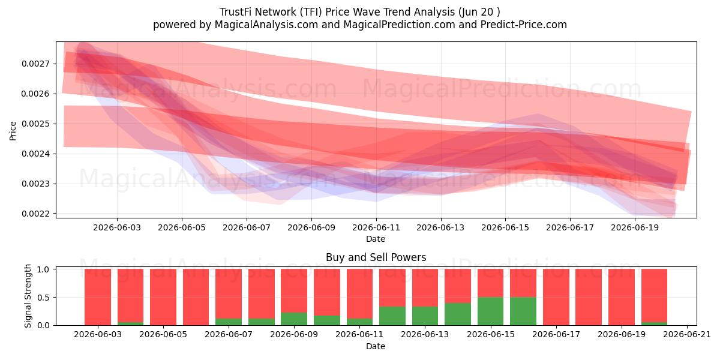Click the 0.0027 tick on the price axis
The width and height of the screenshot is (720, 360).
35,64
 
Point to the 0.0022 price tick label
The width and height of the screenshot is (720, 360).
35,214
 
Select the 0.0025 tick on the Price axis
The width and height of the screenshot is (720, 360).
35,124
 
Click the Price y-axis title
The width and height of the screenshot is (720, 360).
13,131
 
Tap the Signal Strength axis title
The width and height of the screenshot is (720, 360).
28,296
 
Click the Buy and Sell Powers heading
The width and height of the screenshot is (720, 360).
376,257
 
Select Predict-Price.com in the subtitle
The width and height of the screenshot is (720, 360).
524,25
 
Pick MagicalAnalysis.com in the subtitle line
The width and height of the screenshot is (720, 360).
266,25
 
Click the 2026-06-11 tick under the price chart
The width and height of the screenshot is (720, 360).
376,227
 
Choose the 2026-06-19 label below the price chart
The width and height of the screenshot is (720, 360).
635,227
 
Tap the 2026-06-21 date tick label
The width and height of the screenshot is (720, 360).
687,335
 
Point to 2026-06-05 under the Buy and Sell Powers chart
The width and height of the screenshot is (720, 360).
163,335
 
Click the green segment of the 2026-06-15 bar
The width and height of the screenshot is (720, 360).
491,311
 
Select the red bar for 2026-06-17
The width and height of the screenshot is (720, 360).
556,297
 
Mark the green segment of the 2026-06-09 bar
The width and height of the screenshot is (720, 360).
294,319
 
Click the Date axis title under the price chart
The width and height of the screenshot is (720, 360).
376,239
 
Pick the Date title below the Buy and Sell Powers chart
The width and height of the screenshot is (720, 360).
376,346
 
